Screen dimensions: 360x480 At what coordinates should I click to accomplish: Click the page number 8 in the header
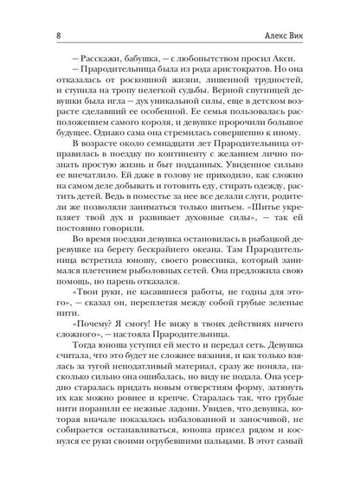click(32, 13)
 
